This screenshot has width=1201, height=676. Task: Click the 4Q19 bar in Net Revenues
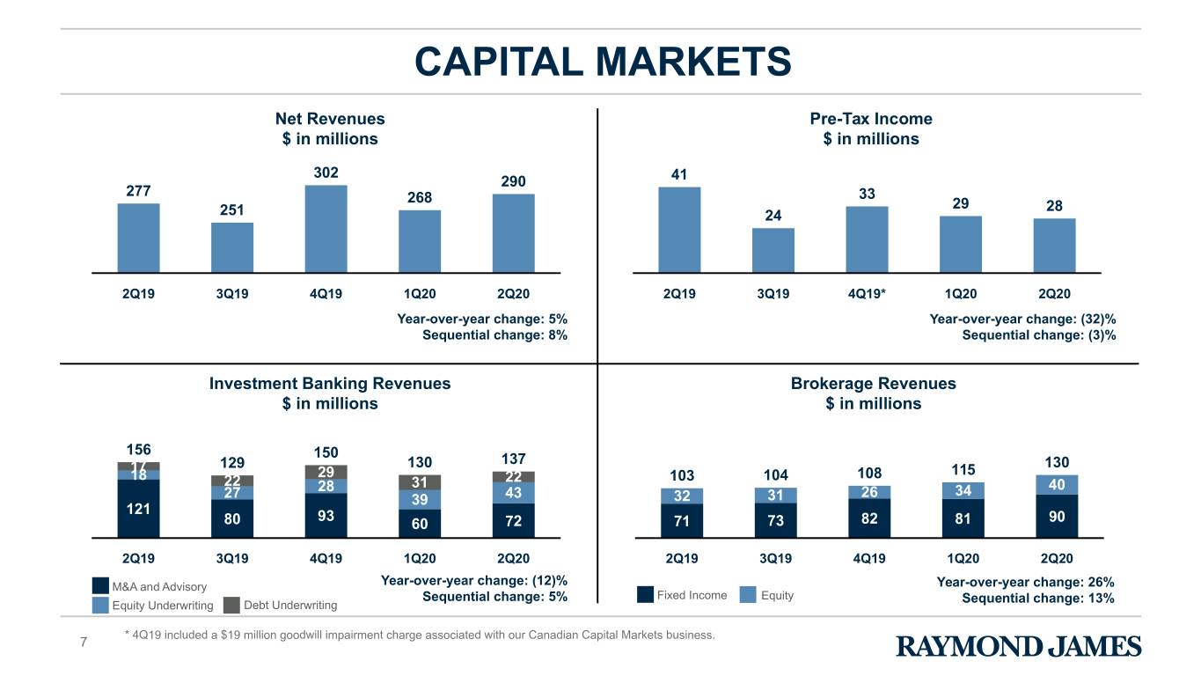(x=326, y=229)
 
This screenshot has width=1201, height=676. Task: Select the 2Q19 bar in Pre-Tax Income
(x=679, y=230)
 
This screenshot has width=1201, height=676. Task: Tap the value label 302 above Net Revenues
(x=326, y=173)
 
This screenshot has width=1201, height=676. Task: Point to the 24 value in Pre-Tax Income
(x=773, y=216)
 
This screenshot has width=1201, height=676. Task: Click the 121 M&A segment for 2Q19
(x=138, y=509)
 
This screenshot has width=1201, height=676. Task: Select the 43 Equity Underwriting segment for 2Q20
(x=513, y=493)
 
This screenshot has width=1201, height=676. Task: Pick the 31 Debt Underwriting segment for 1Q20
(x=420, y=482)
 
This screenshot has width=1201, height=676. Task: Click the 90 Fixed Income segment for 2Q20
(x=1057, y=516)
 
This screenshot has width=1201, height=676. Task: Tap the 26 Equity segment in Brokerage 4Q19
(x=869, y=493)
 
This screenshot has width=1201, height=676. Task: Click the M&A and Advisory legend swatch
(x=100, y=586)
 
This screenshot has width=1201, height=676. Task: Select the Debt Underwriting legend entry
(x=281, y=606)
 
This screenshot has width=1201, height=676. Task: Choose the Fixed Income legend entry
(x=682, y=595)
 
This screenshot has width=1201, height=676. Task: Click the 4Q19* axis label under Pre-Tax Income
(x=867, y=294)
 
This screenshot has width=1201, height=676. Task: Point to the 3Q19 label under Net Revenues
(x=232, y=294)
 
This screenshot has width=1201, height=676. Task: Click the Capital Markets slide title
(x=604, y=62)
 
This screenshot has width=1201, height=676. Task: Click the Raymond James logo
(x=1019, y=646)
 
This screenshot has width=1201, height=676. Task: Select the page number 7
(x=83, y=643)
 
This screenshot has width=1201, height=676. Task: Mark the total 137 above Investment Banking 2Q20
(x=513, y=459)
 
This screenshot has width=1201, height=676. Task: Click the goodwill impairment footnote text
(x=420, y=636)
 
